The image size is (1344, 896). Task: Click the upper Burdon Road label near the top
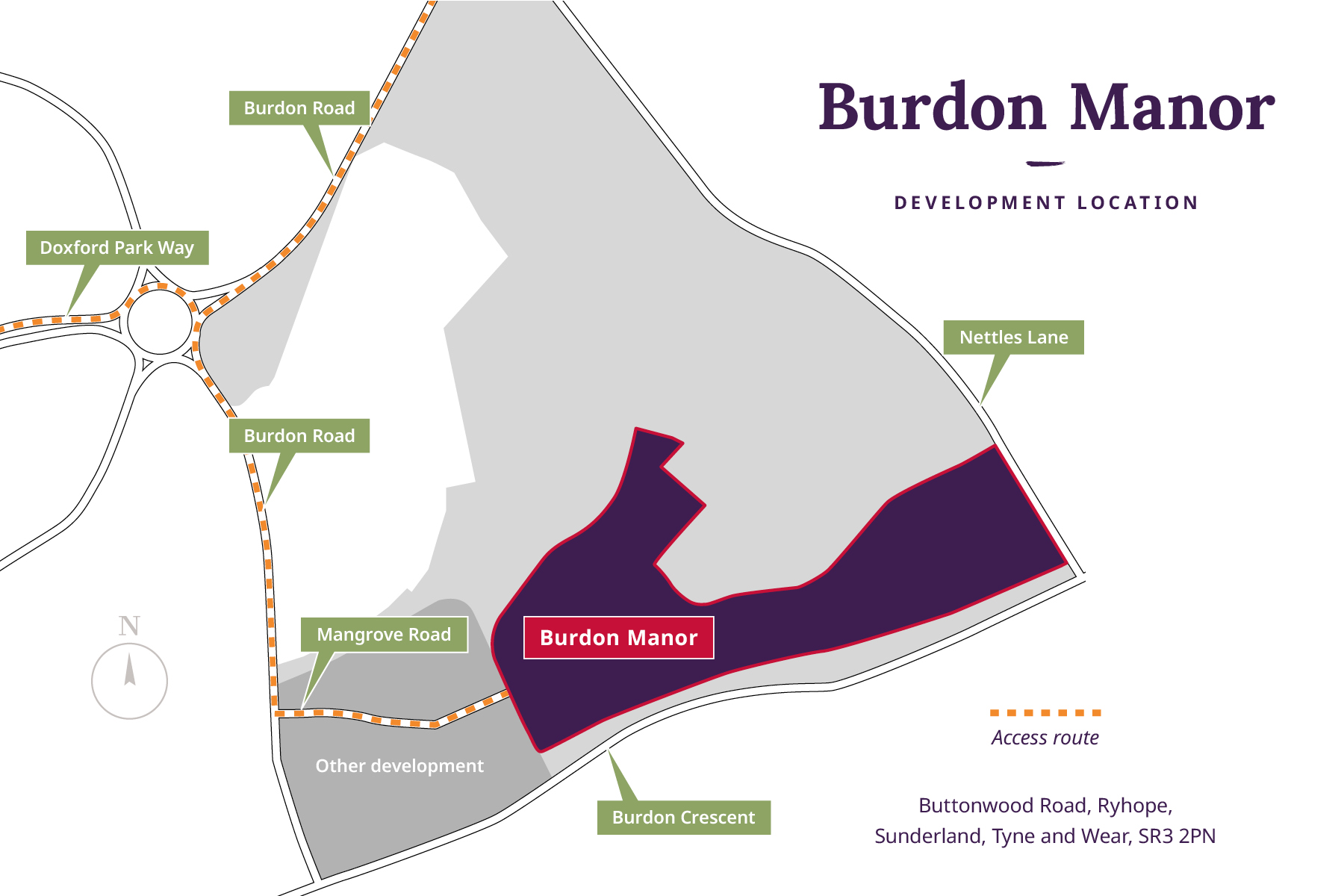pyautogui.click(x=299, y=108)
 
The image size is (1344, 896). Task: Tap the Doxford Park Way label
pyautogui.click(x=117, y=248)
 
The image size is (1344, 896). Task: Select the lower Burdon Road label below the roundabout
pyautogui.click(x=299, y=436)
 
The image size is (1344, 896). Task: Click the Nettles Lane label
pyautogui.click(x=1013, y=337)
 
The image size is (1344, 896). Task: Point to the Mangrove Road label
pyautogui.click(x=384, y=635)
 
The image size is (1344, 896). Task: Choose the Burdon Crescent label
pyautogui.click(x=683, y=818)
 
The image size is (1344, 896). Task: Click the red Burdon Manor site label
pyautogui.click(x=618, y=638)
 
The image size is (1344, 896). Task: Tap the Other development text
pyautogui.click(x=399, y=766)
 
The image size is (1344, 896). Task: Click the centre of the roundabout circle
pyautogui.click(x=160, y=323)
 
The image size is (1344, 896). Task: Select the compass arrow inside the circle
pyautogui.click(x=130, y=670)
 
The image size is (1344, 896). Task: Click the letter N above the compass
pyautogui.click(x=129, y=626)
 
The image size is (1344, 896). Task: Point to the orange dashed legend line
pyautogui.click(x=1045, y=713)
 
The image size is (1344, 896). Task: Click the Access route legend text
pyautogui.click(x=1045, y=738)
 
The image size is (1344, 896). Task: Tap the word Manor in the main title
pyautogui.click(x=1172, y=108)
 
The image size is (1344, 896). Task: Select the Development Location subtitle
pyautogui.click(x=1045, y=203)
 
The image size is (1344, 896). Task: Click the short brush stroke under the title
pyautogui.click(x=1045, y=163)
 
